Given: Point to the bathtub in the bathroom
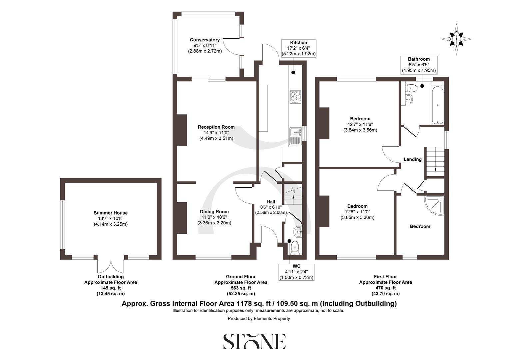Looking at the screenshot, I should [x=437, y=105].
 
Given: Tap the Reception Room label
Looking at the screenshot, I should [x=216, y=127].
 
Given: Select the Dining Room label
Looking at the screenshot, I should [x=214, y=212].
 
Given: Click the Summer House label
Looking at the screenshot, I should [x=111, y=213].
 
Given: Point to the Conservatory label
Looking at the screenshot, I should [x=205, y=40].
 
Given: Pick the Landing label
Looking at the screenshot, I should [x=413, y=159].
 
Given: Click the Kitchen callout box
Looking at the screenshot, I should [x=298, y=48].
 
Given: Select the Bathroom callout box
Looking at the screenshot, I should [x=419, y=65].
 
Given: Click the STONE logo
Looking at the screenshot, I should [x=254, y=341].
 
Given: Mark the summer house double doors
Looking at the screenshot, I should [x=111, y=265].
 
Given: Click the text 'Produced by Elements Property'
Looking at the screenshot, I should [x=259, y=319].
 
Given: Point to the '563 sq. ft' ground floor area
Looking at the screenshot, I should [x=241, y=288].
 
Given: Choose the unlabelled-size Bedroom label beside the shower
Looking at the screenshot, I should [x=420, y=226].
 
